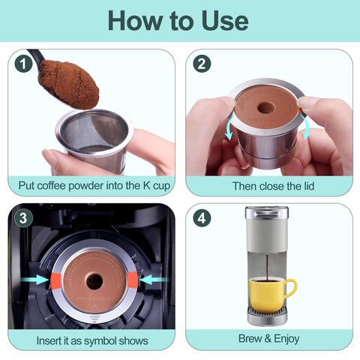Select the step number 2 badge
(201, 64)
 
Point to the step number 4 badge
(201, 218)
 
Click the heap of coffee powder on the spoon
(69, 80)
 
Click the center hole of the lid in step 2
(265, 107)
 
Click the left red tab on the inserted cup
(54, 280)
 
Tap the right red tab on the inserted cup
(133, 280)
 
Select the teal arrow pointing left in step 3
(153, 280)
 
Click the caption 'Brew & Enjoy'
(268, 340)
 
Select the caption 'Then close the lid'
(268, 185)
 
